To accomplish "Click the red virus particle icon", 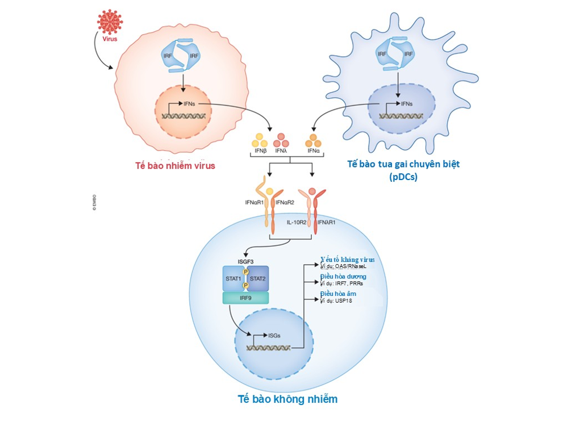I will (110, 22).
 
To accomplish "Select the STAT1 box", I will (233, 279).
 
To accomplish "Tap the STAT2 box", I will (258, 279).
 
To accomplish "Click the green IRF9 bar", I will (245, 298).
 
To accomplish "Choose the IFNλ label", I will (281, 151).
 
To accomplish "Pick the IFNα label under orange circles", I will (313, 151).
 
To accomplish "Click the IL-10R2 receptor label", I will (297, 223).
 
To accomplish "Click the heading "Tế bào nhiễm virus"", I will (175, 166).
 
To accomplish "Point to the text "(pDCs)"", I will (403, 177).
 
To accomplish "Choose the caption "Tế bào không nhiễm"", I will (287, 399).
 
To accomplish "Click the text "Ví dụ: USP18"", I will (336, 300).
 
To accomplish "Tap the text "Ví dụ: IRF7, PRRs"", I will (341, 283).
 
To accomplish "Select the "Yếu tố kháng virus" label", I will (347, 260).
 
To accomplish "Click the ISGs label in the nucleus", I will (274, 336).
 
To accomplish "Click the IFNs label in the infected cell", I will (190, 103).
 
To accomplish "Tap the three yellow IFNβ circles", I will (260, 140).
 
